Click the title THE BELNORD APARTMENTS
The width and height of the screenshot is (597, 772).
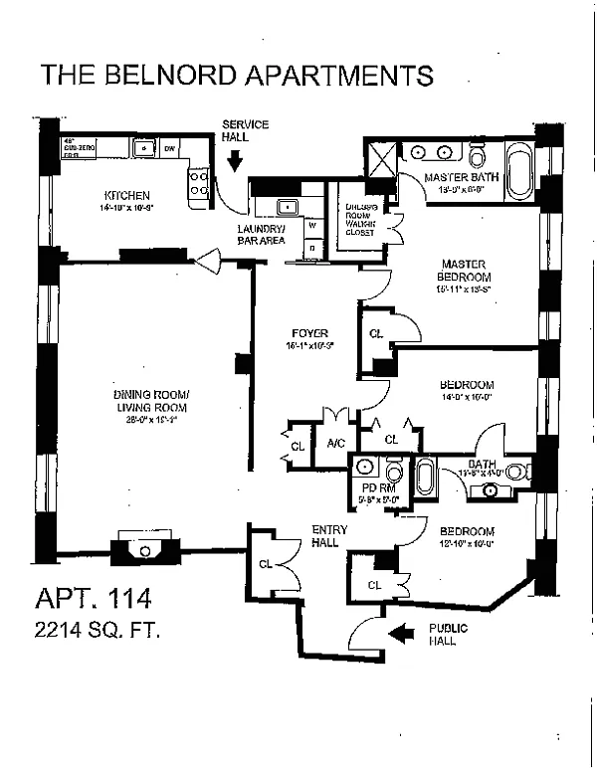(x=237, y=76)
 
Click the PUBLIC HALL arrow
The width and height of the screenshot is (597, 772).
(x=404, y=631)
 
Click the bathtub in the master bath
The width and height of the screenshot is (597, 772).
(x=519, y=167)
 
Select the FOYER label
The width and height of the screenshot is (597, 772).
(x=310, y=333)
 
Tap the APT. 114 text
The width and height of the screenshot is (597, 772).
(x=92, y=599)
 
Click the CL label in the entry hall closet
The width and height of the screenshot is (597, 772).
(x=265, y=564)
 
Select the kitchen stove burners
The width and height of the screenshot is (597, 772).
(x=199, y=181)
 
